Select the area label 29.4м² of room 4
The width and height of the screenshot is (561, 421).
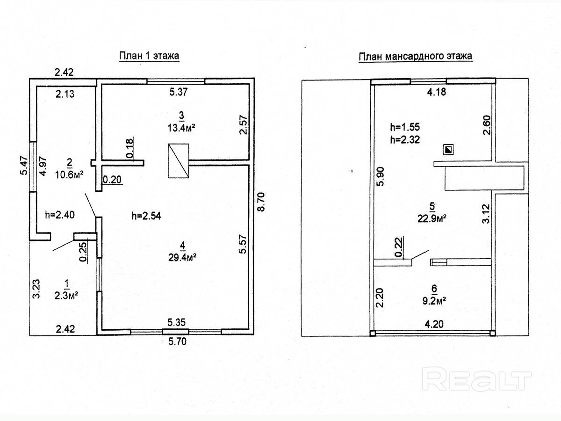[x=182, y=256]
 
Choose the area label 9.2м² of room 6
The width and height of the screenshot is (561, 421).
[x=432, y=301]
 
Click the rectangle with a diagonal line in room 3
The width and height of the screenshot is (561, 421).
[x=178, y=161]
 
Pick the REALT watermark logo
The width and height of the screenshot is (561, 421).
[x=477, y=378]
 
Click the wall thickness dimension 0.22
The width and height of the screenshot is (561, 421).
[x=398, y=247]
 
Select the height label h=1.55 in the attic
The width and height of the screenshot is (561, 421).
[x=405, y=126]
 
